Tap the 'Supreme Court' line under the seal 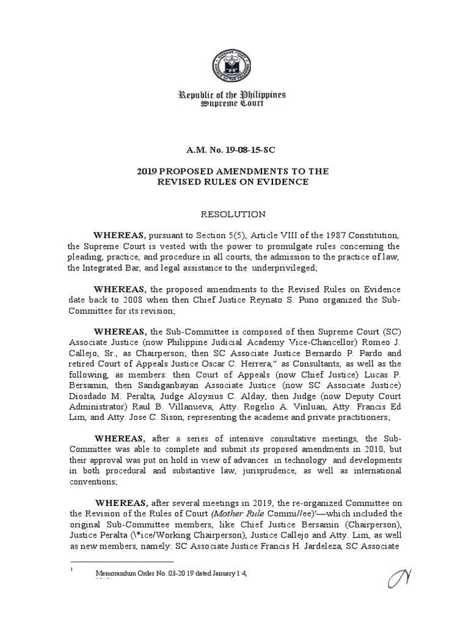tap(234, 106)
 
